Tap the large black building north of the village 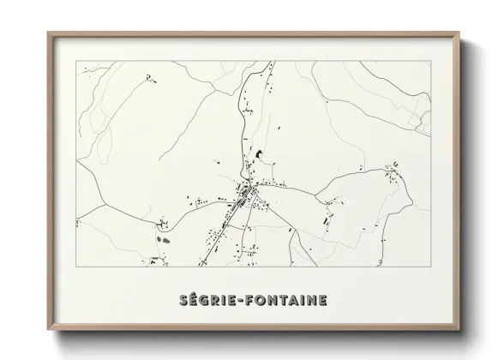(x=255, y=155)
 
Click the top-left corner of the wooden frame (x=48, y=33)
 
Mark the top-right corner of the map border (x=431, y=62)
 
